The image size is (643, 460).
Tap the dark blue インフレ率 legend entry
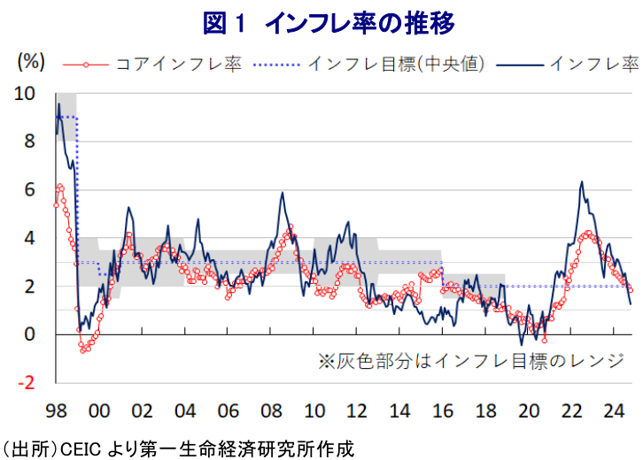coord(593,65)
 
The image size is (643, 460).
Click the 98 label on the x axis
coord(56,411)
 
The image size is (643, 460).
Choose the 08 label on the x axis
coord(271,411)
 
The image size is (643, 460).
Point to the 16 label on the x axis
coord(443,411)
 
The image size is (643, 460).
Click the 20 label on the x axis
coord(529,411)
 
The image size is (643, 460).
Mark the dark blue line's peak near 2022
coord(581,182)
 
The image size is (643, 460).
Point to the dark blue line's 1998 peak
coord(59,104)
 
